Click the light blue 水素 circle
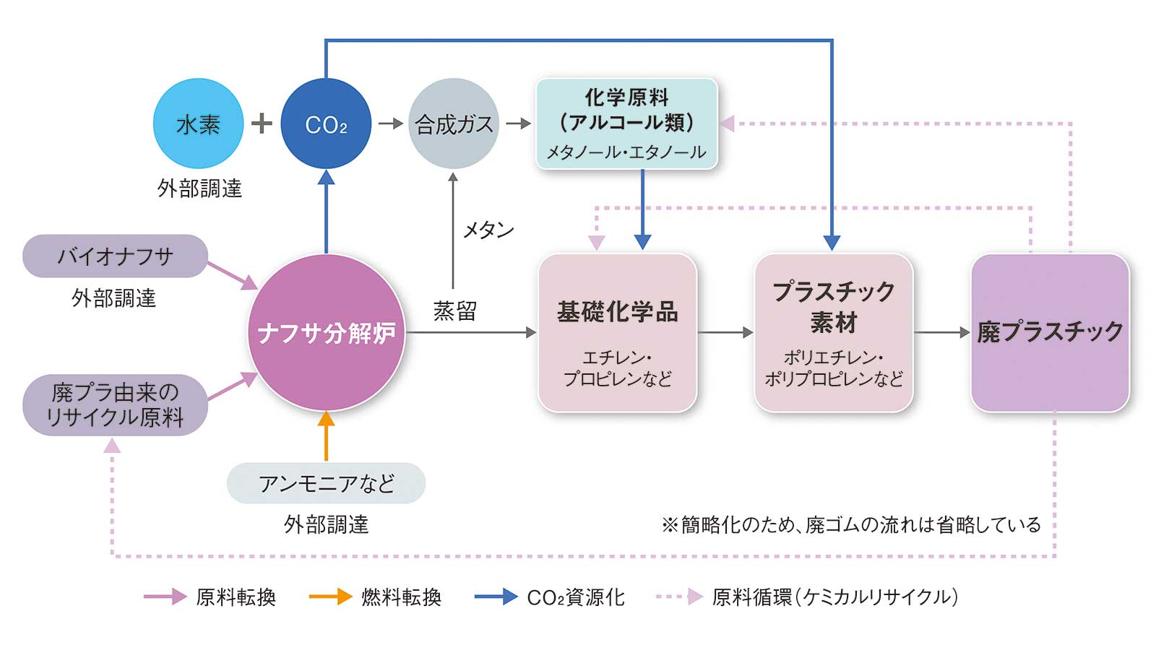[x=198, y=124]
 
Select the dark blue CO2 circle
[x=326, y=124]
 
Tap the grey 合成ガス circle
[x=454, y=124]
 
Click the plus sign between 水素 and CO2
[x=262, y=123]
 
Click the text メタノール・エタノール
[x=626, y=152]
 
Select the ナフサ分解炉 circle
[x=326, y=333]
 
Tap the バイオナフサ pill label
[x=115, y=256]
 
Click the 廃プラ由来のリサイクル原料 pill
[x=115, y=404]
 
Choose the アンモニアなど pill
[x=326, y=483]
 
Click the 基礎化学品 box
[x=617, y=332]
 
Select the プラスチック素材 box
[x=833, y=332]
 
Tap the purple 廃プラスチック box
[x=1050, y=332]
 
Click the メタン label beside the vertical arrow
[x=488, y=230]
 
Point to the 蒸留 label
[x=454, y=311]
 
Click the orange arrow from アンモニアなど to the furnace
[x=326, y=436]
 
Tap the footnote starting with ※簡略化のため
[x=850, y=524]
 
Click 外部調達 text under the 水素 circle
[x=199, y=188]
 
